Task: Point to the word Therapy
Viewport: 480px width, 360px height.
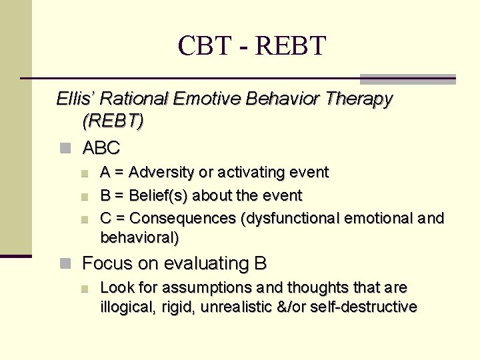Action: [359, 99]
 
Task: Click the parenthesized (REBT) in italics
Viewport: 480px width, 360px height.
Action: [113, 122]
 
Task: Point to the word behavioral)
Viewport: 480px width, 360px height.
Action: [139, 237]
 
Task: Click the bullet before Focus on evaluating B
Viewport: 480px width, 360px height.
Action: [65, 264]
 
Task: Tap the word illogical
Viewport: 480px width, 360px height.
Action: [122, 307]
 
